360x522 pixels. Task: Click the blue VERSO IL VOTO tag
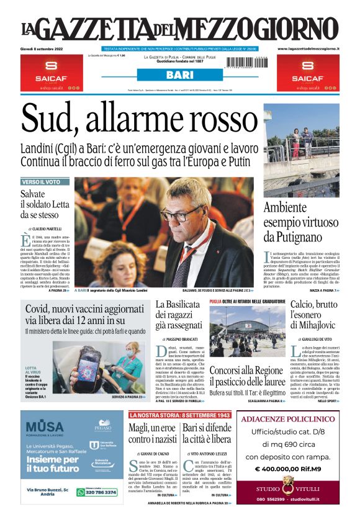[41, 182]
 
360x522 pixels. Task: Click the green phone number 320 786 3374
[99, 492]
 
